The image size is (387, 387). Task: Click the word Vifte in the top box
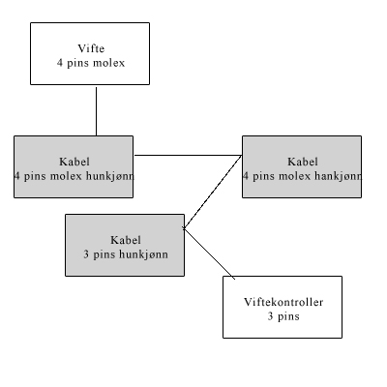tap(91, 48)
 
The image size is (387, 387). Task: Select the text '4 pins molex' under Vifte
tap(91, 63)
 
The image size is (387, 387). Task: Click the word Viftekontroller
tap(283, 302)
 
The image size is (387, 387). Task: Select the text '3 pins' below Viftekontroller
tap(283, 316)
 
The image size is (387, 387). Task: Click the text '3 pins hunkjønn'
tap(126, 254)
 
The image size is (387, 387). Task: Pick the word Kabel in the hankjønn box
tap(303, 162)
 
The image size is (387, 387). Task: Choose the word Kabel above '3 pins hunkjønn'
tap(126, 240)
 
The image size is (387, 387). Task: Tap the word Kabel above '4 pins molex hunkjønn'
tap(74, 162)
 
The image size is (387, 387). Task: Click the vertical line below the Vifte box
tap(96, 111)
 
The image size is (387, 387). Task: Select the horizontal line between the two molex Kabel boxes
tap(188, 155)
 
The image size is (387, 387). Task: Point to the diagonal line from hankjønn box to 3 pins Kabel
tap(212, 193)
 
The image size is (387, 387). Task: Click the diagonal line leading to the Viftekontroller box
tap(209, 253)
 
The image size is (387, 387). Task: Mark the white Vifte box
tap(90, 54)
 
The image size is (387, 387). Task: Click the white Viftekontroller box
tap(283, 307)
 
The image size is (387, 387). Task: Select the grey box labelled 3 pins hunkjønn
tap(125, 245)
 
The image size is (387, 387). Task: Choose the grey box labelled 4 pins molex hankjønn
tap(302, 166)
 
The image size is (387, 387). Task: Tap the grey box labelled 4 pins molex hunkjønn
tap(74, 166)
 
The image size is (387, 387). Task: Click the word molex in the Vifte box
tap(108, 63)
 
